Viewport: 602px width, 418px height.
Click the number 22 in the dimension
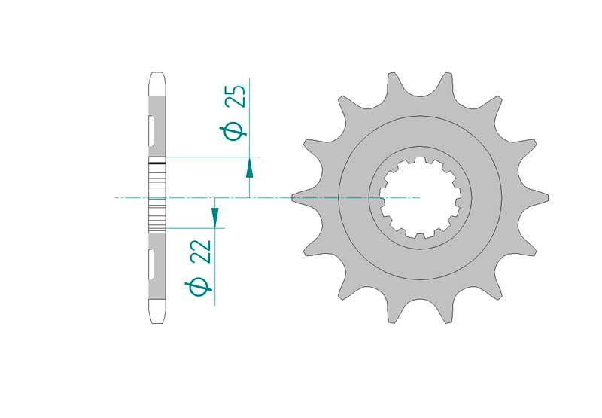(201, 252)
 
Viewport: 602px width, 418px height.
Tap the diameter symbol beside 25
(233, 133)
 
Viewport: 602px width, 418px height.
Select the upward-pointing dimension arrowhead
(250, 168)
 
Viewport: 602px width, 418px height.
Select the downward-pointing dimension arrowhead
(215, 218)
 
